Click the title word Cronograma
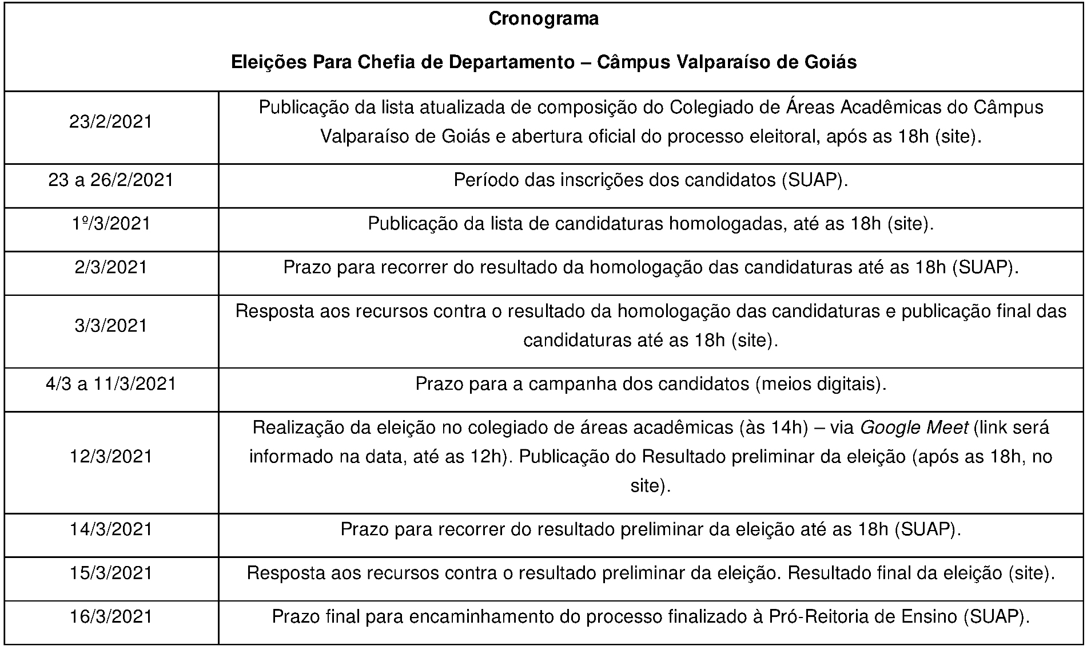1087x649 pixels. [543, 19]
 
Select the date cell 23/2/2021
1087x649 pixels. [111, 122]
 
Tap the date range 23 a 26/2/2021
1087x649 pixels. [111, 180]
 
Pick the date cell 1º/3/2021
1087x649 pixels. [111, 224]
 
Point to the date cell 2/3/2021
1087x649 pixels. [111, 267]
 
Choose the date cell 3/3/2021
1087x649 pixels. [111, 326]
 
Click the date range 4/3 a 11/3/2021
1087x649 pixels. [111, 383]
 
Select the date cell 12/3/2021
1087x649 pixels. [111, 456]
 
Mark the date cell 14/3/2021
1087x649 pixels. [111, 529]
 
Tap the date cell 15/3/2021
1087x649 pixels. [111, 573]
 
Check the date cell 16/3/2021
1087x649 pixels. [111, 616]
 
